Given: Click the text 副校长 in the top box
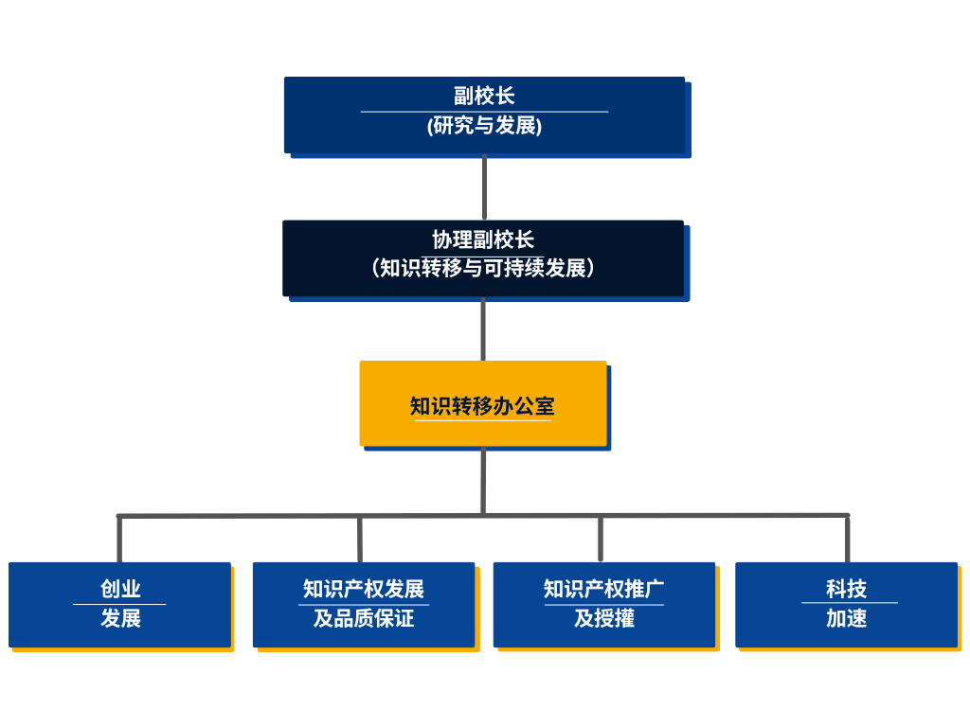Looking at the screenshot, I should click(x=484, y=96).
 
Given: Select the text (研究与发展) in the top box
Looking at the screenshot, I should click(x=484, y=125).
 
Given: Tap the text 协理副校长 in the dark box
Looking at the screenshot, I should click(x=483, y=239).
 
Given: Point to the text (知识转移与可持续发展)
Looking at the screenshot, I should click(x=483, y=268).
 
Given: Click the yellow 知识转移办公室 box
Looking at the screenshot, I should click(x=483, y=404).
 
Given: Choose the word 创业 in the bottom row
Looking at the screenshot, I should click(x=120, y=589).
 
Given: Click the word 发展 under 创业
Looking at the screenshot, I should click(x=120, y=618).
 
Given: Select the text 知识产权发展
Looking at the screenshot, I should click(x=364, y=589).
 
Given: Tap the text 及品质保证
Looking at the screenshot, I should click(x=364, y=618).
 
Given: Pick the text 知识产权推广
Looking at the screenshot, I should click(x=604, y=589).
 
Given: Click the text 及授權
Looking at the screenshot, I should click(x=604, y=618).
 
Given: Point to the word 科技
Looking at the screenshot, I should click(x=846, y=589).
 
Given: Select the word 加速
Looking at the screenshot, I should click(x=846, y=618).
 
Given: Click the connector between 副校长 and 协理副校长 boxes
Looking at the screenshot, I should click(x=484, y=186).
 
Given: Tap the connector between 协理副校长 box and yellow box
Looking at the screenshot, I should click(x=483, y=328).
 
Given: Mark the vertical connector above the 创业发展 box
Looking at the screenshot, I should click(x=119, y=540).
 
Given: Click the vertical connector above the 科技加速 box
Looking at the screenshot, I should click(x=847, y=540).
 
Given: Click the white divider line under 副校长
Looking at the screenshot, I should click(x=484, y=112).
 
